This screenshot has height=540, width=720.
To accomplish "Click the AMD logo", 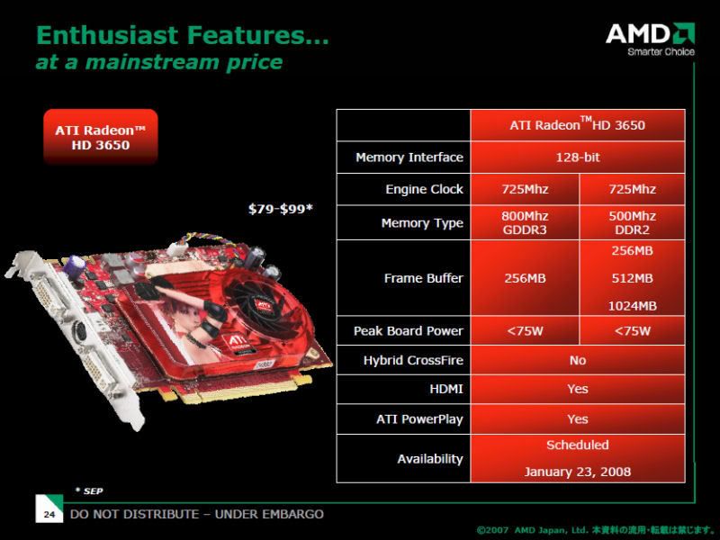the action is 650,39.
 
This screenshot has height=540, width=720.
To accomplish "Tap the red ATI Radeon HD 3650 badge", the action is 101,137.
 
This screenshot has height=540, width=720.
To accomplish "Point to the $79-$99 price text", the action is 280,209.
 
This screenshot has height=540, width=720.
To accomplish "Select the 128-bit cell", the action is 578,157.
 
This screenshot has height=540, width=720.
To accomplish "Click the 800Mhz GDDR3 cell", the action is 525,222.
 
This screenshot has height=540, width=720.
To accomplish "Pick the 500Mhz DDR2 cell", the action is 633,222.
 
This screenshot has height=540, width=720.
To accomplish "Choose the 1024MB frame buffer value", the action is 633,306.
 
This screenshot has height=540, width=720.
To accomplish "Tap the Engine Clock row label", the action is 424,189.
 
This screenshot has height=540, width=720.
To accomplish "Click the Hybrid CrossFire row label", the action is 413,361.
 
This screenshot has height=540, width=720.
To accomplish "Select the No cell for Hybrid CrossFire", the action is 578,361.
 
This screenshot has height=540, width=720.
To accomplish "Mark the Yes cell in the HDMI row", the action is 578,390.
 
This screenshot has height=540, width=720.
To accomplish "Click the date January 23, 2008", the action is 578,472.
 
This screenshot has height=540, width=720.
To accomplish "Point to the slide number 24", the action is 49,514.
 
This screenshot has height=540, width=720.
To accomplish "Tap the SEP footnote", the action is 89,490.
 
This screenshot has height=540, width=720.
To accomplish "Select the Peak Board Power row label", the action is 409,331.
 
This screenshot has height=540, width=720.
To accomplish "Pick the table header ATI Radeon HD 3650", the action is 578,125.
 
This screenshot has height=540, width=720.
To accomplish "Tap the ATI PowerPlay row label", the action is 419,419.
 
